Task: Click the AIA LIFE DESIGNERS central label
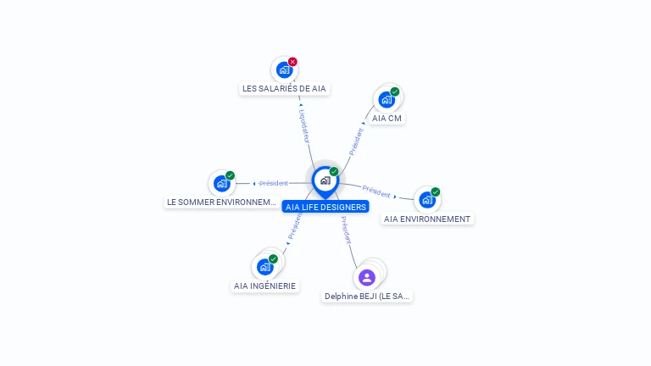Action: (326, 207)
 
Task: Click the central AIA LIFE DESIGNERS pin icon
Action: (325, 180)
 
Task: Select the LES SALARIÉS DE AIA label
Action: (284, 88)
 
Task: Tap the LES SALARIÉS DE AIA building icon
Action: (284, 69)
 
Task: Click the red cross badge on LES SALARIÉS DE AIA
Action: (292, 61)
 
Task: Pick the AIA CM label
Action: (387, 118)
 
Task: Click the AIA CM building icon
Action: (387, 99)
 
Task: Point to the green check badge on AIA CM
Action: (395, 91)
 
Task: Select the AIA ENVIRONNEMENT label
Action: (426, 219)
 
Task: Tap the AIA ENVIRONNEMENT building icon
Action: (426, 200)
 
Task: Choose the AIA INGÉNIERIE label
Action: (265, 286)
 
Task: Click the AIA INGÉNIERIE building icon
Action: (264, 267)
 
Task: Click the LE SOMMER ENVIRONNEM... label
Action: (222, 202)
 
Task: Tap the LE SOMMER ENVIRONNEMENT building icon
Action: (221, 183)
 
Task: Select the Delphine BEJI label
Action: (367, 297)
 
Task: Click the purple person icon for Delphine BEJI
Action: (366, 277)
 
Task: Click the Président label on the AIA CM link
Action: (357, 141)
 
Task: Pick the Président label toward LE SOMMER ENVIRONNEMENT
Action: (274, 183)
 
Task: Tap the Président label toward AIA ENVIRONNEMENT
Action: (376, 191)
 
